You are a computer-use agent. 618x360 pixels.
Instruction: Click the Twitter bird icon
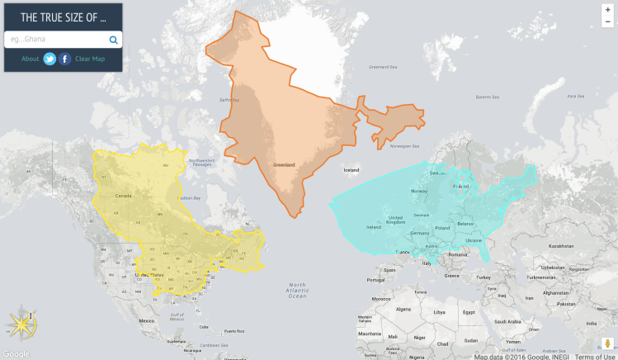click(x=50, y=59)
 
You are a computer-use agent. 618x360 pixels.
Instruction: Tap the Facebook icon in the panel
click(x=64, y=59)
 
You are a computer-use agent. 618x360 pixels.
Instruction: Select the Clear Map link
click(x=90, y=59)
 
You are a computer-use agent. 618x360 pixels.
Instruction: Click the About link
click(x=30, y=59)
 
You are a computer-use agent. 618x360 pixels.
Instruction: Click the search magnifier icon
click(x=113, y=40)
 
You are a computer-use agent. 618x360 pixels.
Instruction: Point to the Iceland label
click(x=351, y=170)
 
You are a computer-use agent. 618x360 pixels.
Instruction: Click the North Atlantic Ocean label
click(x=297, y=290)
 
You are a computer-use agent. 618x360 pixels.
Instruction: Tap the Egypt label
click(x=469, y=312)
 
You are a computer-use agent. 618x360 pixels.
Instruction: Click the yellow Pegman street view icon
click(x=607, y=343)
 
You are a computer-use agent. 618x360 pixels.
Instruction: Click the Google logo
click(x=16, y=353)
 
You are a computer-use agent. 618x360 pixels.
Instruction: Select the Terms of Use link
click(x=595, y=357)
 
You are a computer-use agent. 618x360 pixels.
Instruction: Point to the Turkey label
click(x=483, y=277)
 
